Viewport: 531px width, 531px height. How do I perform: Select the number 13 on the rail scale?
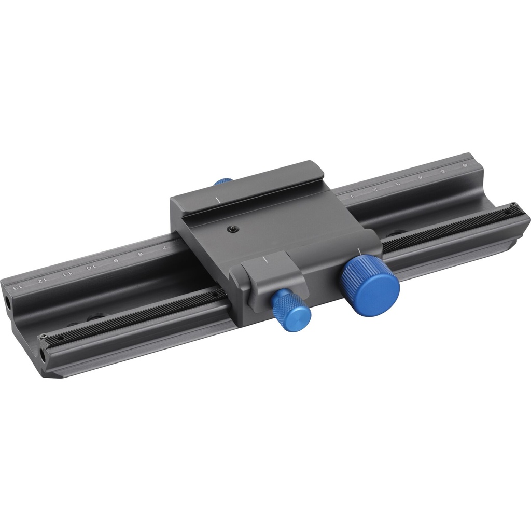[x=17, y=285]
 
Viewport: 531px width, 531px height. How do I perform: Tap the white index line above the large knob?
[x=359, y=253]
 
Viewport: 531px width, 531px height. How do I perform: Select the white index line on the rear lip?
[x=217, y=199]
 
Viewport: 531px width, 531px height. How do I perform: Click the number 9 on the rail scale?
[x=115, y=260]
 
